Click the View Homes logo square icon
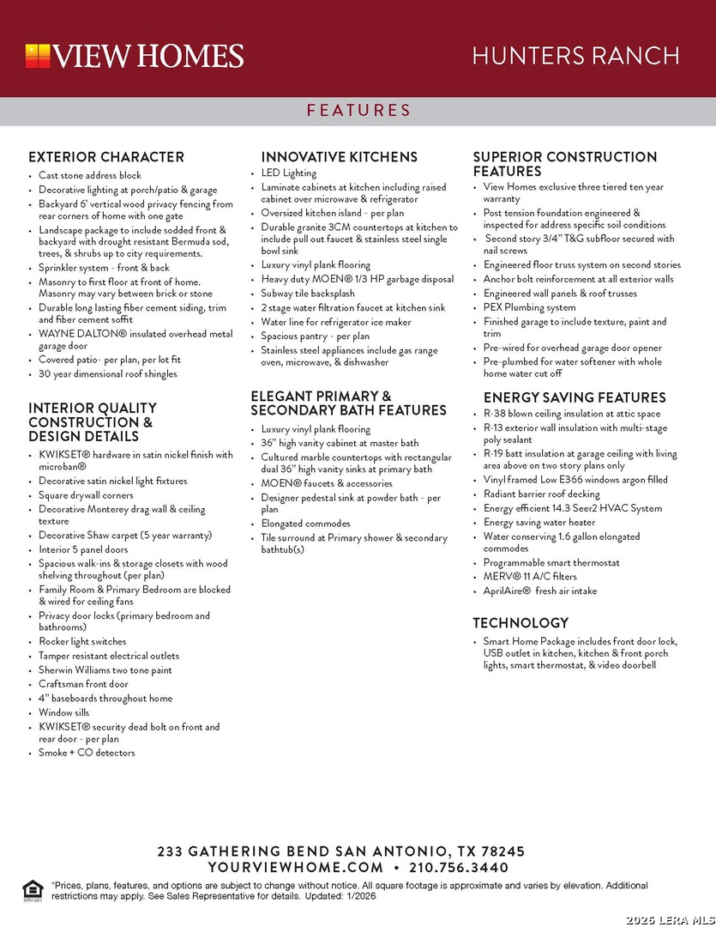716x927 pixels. click(38, 56)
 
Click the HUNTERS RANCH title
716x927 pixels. click(575, 57)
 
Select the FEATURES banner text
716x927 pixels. click(358, 111)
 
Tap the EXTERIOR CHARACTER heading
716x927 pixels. click(106, 157)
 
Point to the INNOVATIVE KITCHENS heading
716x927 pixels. click(340, 157)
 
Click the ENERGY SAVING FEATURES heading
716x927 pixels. click(575, 397)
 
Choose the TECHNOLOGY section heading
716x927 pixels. click(520, 623)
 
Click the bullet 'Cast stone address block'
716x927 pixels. click(90, 175)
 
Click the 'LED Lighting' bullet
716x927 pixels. click(289, 173)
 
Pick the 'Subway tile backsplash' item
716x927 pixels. click(308, 294)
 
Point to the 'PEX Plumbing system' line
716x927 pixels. click(529, 307)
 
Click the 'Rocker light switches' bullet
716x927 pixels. click(82, 641)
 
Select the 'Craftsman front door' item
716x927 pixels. click(83, 684)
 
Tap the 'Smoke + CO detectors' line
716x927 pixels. click(87, 753)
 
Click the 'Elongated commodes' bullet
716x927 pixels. click(305, 524)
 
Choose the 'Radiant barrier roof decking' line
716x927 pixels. click(542, 494)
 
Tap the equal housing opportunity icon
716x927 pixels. click(32, 890)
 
